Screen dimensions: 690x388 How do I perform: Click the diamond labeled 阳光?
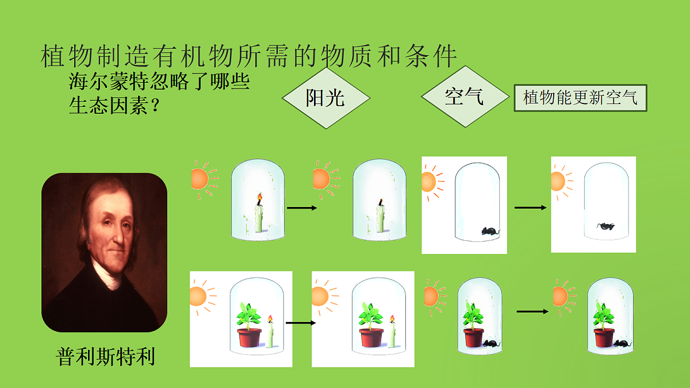pos(326,98)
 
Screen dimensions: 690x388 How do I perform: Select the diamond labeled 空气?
pos(465,97)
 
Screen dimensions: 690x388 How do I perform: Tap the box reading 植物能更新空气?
pos(580,98)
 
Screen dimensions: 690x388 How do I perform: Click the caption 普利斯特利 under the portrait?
pos(105,356)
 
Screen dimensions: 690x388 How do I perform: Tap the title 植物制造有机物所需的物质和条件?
pos(248,56)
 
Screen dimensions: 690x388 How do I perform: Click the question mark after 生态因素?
pos(156,105)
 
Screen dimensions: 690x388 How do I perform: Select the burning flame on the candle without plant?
pos(260,197)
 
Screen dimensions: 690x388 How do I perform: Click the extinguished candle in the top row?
pos(380,217)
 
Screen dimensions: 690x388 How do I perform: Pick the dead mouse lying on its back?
pos(605,226)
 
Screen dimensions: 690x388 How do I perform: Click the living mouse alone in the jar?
pos(490,231)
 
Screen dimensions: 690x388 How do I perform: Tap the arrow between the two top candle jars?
pos(302,208)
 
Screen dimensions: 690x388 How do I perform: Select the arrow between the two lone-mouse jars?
pos(530,208)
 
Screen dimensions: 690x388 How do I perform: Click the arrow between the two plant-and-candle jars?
pos(301,322)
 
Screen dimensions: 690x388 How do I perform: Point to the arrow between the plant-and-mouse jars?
pos(532,312)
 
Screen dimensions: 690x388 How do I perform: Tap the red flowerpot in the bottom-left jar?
pos(249,338)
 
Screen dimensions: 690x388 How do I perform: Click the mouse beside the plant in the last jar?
pos(622,343)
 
